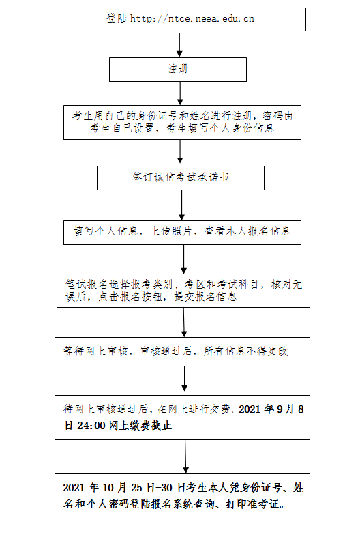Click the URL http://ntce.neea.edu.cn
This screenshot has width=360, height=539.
click(x=192, y=18)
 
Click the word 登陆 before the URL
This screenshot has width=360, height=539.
click(x=117, y=18)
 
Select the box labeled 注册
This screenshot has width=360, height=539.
click(x=178, y=70)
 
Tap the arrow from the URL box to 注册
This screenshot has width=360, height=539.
click(x=179, y=44)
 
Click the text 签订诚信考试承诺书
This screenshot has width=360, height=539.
click(x=181, y=177)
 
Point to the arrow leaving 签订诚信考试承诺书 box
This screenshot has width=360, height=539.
click(x=182, y=205)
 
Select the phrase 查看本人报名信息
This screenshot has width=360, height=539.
click(x=247, y=231)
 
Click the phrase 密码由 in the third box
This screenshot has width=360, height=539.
click(x=278, y=115)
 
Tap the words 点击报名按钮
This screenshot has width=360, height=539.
click(x=130, y=296)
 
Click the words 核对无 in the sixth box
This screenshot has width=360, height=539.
click(x=287, y=285)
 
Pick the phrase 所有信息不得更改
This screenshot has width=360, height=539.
click(x=245, y=351)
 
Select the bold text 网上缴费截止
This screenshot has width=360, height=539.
click(x=140, y=426)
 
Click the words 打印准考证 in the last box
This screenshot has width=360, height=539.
click(x=253, y=504)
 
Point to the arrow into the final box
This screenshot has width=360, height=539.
click(x=185, y=456)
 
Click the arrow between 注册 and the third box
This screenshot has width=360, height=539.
click(x=180, y=93)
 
